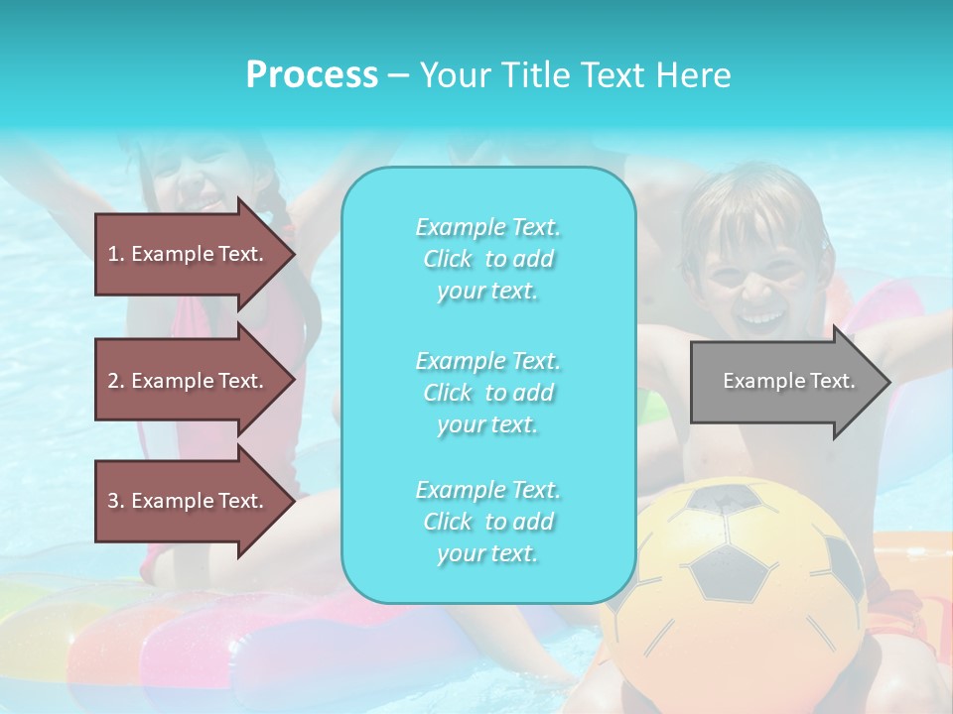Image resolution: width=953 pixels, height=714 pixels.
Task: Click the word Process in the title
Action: coord(312,75)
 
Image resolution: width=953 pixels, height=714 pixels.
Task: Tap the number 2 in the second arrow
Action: coord(113,381)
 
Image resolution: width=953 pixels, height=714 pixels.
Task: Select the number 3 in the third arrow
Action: coord(113,501)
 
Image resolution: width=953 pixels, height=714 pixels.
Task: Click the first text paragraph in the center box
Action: coord(487,259)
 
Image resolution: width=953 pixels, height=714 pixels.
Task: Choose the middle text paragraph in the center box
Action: coord(487,393)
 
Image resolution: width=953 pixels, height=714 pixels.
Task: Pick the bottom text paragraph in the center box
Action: coord(487,522)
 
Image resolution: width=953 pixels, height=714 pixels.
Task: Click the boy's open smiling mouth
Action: coord(762,317)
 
